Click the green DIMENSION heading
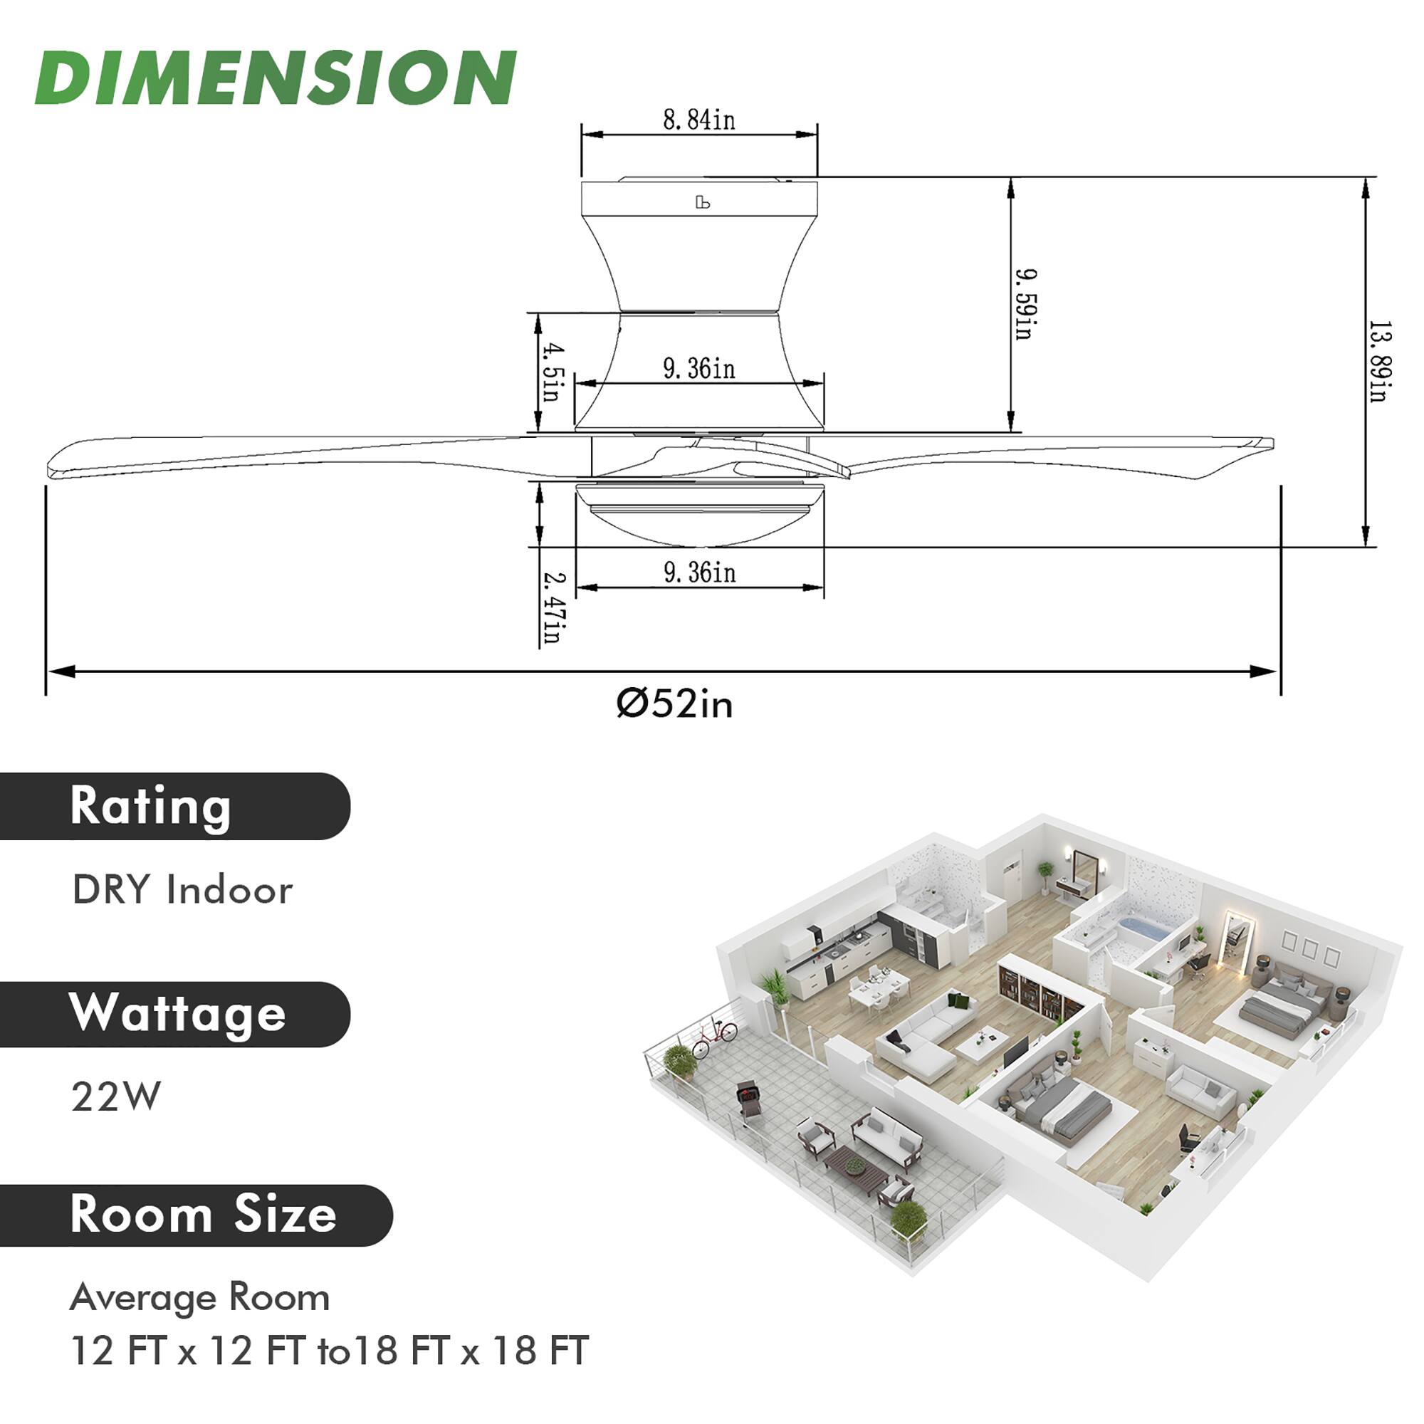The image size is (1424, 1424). (275, 78)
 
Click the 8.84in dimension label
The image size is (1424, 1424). (698, 120)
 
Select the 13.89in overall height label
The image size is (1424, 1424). (1378, 361)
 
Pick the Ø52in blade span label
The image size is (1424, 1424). (674, 704)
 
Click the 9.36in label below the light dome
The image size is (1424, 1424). (699, 572)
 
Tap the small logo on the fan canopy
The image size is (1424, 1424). (703, 202)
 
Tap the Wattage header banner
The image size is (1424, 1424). (174, 1014)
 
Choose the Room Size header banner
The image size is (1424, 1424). (195, 1216)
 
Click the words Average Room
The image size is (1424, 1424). (199, 1297)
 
